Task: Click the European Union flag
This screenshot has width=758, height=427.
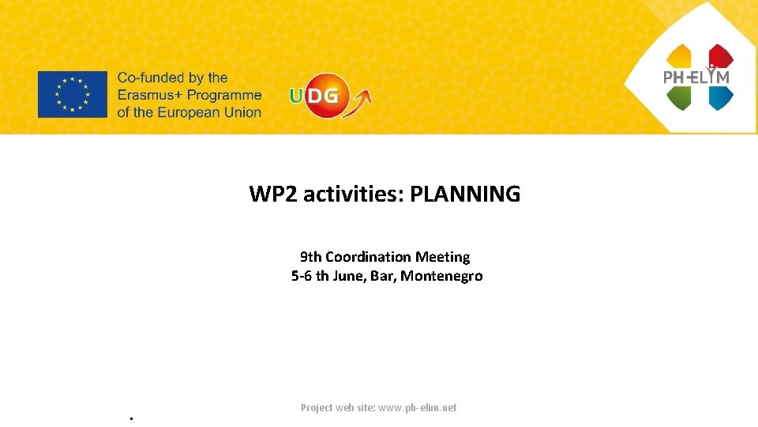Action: [x=72, y=94]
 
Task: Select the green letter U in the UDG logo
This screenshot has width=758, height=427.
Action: [x=297, y=96]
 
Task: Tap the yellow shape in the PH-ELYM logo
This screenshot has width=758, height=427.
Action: [x=679, y=56]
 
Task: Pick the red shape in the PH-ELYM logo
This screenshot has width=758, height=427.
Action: [x=720, y=55]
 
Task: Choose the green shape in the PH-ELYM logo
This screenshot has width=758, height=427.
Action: [x=679, y=96]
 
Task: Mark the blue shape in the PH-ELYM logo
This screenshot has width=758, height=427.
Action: [x=720, y=96]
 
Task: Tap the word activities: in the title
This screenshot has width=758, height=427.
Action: [x=354, y=194]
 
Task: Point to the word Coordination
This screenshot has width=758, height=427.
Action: [x=368, y=257]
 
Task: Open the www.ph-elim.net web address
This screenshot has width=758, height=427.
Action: [x=417, y=408]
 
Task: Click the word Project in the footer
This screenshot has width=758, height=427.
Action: [x=317, y=408]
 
